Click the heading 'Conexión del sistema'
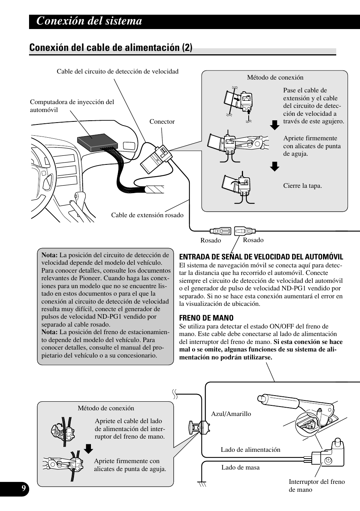(89, 21)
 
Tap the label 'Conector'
(162, 121)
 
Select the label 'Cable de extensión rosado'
(147, 215)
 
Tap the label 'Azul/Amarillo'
(231, 414)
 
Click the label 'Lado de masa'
(240, 467)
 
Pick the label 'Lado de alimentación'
(251, 450)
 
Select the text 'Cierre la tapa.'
(302, 186)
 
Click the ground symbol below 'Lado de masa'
(202, 484)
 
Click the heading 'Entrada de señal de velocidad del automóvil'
(261, 257)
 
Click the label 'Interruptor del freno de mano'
(317, 485)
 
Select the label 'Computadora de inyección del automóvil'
(72, 106)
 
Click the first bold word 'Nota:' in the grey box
(49, 255)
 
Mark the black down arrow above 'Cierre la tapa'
(275, 166)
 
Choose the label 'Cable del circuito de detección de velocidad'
(117, 71)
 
